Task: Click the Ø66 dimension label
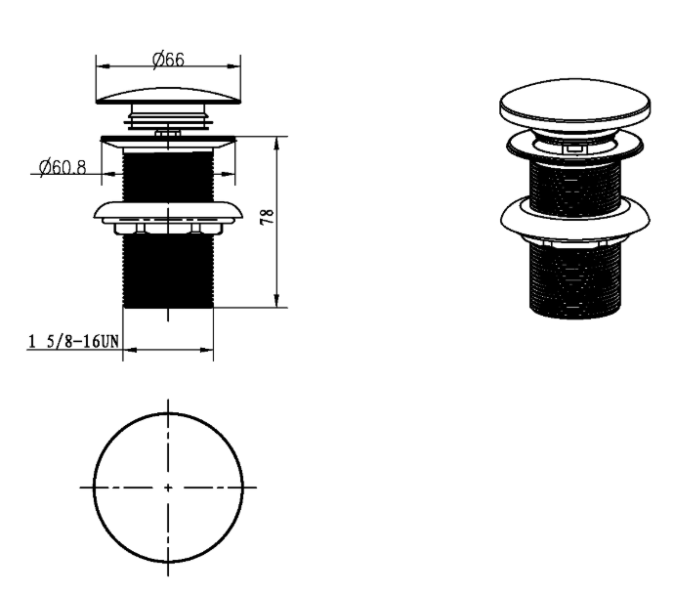pyautogui.click(x=168, y=60)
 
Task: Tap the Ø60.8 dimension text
pyautogui.click(x=63, y=167)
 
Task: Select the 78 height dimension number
pyautogui.click(x=267, y=216)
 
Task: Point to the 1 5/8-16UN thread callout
pyautogui.click(x=73, y=342)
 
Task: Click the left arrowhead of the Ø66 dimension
pyautogui.click(x=104, y=66)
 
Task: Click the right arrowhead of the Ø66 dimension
pyautogui.click(x=233, y=66)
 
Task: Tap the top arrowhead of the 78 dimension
pyautogui.click(x=276, y=144)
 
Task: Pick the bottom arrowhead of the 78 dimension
pyautogui.click(x=276, y=301)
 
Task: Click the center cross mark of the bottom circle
pyautogui.click(x=168, y=488)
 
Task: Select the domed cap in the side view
pyautogui.click(x=168, y=96)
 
